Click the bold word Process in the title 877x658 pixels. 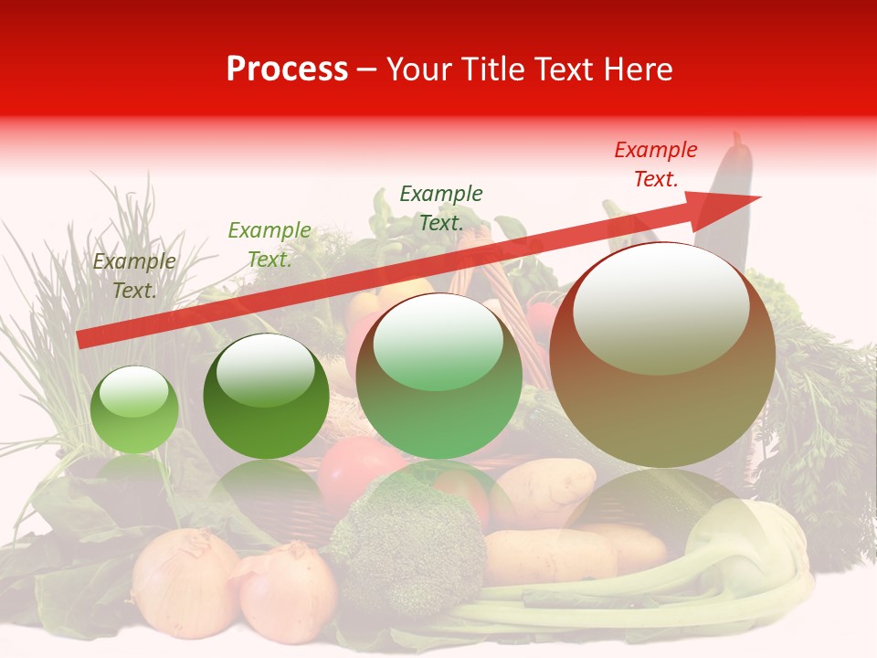[x=287, y=69]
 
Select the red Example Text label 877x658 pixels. [x=655, y=164]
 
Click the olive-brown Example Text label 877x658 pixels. [x=134, y=276]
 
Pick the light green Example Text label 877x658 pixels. [x=269, y=245]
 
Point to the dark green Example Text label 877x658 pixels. [x=441, y=207]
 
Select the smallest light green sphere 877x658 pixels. [x=134, y=409]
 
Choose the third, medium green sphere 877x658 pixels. [x=438, y=376]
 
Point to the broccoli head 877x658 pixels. [x=408, y=539]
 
